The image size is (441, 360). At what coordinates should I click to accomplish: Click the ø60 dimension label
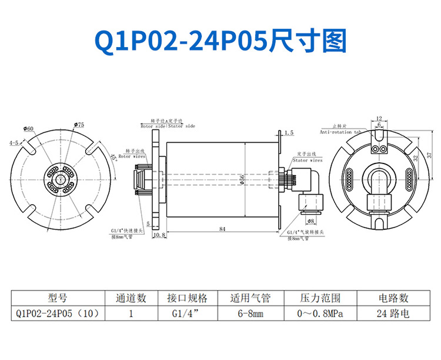pyautogui.click(x=28, y=128)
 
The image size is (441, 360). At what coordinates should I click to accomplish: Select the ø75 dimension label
pyautogui.click(x=79, y=125)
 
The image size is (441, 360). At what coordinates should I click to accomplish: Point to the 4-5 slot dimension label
pyautogui.click(x=15, y=143)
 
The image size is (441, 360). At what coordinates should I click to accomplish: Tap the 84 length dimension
pyautogui.click(x=222, y=228)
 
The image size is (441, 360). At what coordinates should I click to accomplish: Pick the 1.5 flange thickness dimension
pyautogui.click(x=288, y=134)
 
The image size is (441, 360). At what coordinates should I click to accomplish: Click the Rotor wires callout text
pyautogui.click(x=132, y=157)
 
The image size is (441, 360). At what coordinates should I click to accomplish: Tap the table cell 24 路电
pyautogui.click(x=392, y=314)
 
